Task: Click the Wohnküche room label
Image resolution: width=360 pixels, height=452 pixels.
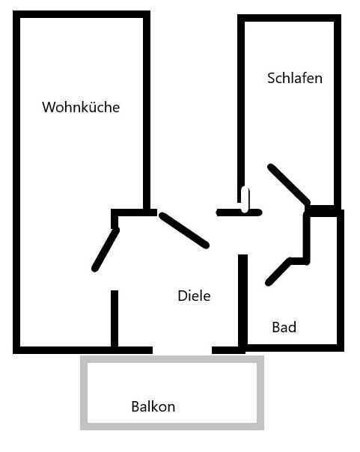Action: point(81,107)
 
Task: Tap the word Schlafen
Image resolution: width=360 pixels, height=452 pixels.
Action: point(295,78)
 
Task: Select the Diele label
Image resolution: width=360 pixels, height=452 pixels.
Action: point(194,296)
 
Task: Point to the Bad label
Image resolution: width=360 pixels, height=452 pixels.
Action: point(284,327)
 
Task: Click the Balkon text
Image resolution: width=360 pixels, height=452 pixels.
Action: point(153,406)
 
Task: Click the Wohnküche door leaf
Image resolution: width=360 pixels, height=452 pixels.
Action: point(106,250)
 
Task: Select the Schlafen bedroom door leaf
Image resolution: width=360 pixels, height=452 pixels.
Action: point(289,185)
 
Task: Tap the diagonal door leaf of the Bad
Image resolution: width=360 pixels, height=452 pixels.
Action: point(278,272)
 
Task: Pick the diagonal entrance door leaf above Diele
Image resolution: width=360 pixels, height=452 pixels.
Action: point(184,230)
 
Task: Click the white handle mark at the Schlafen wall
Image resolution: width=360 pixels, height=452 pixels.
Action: point(245,200)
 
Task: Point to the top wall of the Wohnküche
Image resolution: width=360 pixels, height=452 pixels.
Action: point(82,14)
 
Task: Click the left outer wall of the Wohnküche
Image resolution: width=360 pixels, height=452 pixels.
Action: point(16,182)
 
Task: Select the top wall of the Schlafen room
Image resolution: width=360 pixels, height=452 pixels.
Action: point(289,18)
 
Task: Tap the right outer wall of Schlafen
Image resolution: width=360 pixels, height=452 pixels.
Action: point(338,112)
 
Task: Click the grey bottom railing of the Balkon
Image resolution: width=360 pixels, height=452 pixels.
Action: point(172,427)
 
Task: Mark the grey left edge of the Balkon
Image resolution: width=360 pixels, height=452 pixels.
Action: point(84,393)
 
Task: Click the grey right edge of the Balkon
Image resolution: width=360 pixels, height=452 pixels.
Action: point(260,393)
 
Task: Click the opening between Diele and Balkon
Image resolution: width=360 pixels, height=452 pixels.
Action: point(182,350)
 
